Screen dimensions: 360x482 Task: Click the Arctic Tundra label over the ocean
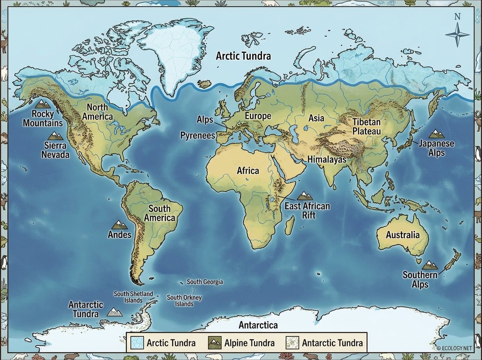(x=243, y=56)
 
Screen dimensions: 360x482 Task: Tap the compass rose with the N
(x=457, y=35)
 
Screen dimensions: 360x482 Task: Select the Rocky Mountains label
(x=43, y=118)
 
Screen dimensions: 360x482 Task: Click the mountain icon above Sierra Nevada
(x=57, y=136)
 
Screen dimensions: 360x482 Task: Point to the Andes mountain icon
(x=119, y=225)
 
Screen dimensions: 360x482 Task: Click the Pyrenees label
(x=198, y=135)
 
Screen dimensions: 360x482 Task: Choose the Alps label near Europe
(x=205, y=120)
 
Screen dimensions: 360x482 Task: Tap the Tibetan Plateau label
(x=366, y=126)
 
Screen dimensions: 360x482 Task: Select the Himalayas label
(x=324, y=159)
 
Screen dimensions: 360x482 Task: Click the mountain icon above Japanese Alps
(x=436, y=133)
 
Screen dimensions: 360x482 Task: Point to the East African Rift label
(x=307, y=210)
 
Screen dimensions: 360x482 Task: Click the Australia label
(x=403, y=235)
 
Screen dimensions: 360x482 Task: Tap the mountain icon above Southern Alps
(x=430, y=265)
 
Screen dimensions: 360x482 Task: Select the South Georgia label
(x=204, y=282)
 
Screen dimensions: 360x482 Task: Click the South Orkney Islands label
(x=184, y=301)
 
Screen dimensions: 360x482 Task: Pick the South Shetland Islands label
(x=133, y=297)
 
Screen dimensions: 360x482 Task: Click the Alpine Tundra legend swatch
(x=215, y=343)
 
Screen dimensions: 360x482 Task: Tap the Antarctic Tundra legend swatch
(x=292, y=343)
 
